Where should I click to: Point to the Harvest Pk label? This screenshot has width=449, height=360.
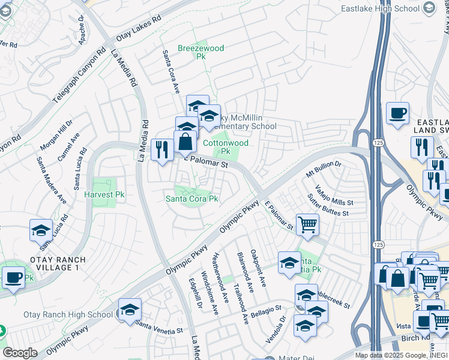coord(104,195)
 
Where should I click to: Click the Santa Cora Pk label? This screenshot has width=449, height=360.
coord(192,199)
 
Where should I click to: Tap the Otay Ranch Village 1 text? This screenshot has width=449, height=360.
coord(46,264)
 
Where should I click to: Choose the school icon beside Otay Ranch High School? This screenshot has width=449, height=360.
coord(130,310)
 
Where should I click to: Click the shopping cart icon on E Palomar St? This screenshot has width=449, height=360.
coord(307,225)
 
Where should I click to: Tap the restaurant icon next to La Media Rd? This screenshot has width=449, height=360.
coord(161,150)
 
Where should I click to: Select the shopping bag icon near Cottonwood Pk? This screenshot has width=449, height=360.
coord(185,142)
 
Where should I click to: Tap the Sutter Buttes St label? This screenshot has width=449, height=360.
coord(328,206)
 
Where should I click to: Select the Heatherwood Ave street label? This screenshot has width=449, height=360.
coord(217,272)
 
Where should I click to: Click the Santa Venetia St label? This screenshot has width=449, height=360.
coord(159,328)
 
